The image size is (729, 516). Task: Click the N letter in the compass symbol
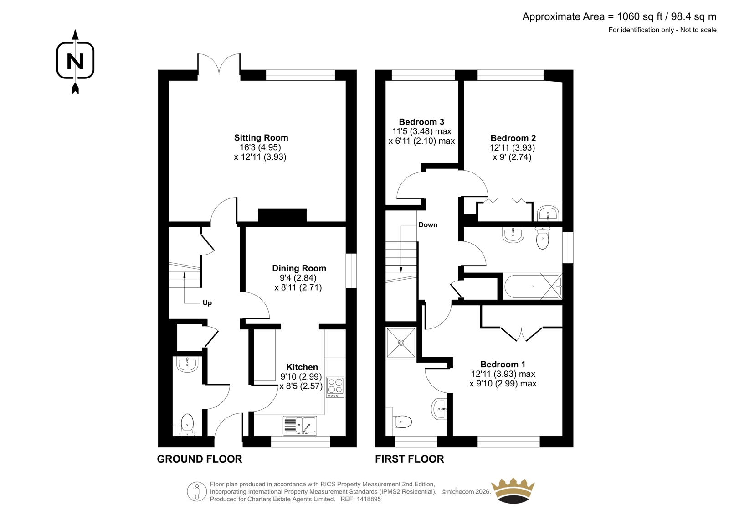[x=75, y=61]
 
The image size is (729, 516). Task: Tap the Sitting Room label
[x=261, y=138]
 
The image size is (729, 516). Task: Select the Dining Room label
[x=299, y=268]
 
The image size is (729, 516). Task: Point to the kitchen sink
[x=300, y=426]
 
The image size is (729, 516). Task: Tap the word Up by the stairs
[x=207, y=303]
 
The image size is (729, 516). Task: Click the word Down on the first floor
[x=428, y=224]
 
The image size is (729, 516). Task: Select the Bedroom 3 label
[x=421, y=122]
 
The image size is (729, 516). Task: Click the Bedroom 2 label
[x=513, y=138]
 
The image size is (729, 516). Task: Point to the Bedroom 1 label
[x=503, y=364]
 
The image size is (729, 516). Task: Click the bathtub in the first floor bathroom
[x=533, y=286]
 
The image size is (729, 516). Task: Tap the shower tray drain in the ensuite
[x=401, y=343]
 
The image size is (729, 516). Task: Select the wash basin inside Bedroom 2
[x=548, y=213]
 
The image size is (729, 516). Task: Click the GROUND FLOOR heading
[x=200, y=459]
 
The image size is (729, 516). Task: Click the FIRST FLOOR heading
[x=410, y=459]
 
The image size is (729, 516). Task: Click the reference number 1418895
[x=368, y=499]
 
